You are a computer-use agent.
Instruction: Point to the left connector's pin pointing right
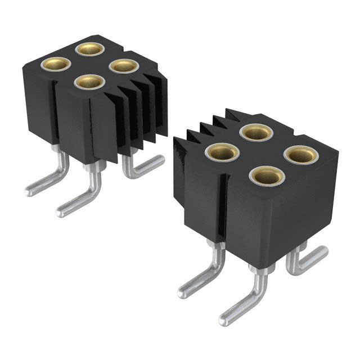coord(147,164)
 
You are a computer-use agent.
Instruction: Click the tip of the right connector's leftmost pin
coord(182,292)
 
